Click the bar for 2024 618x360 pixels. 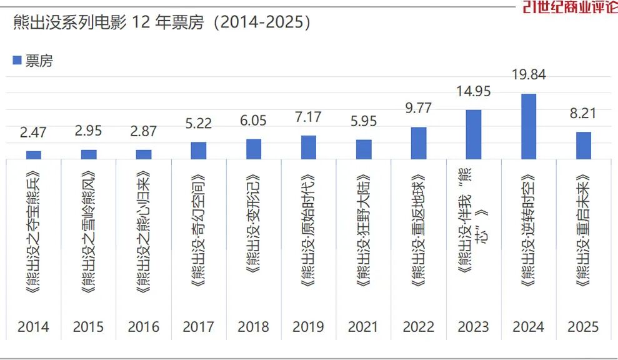(x=529, y=126)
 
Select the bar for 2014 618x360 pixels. (x=34, y=155)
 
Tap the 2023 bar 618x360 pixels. (x=474, y=134)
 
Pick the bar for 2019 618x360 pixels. (x=309, y=147)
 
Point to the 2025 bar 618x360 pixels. (x=584, y=145)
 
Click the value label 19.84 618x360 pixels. (x=529, y=75)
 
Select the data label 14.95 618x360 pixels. (x=474, y=91)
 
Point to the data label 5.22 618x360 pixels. (x=199, y=123)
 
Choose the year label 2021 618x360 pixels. (x=364, y=326)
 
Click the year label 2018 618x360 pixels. (x=254, y=326)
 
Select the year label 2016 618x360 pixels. (x=144, y=326)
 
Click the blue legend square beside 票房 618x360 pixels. (x=17, y=60)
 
